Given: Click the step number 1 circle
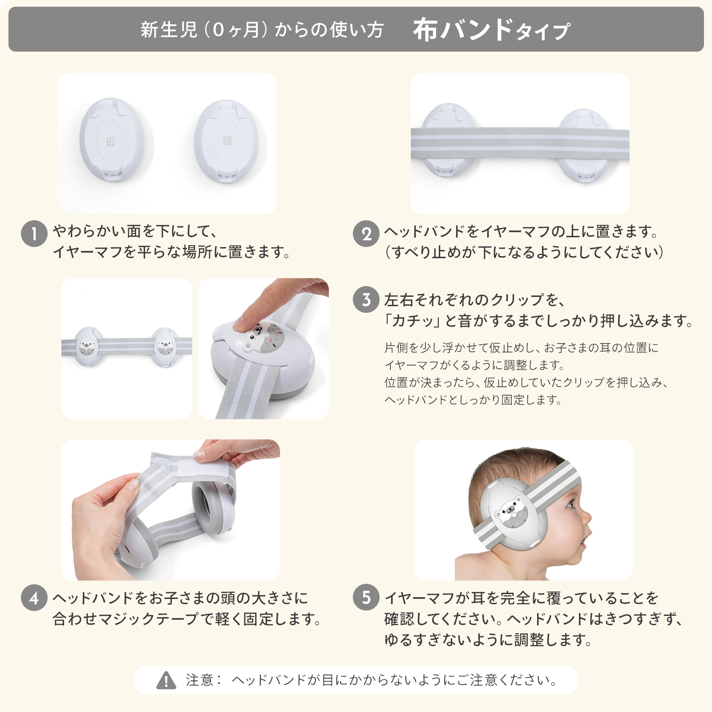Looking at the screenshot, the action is pyautogui.click(x=34, y=233).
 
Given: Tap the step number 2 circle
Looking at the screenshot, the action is pyautogui.click(x=366, y=233).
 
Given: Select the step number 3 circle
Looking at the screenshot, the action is pyautogui.click(x=366, y=299).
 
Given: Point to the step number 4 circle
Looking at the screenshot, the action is pyautogui.click(x=34, y=598).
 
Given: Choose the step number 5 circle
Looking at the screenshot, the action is pyautogui.click(x=366, y=598).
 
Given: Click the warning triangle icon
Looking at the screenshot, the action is pyautogui.click(x=166, y=680).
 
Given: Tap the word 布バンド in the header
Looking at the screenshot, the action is pyautogui.click(x=463, y=29).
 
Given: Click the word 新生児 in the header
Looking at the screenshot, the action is pyautogui.click(x=169, y=30).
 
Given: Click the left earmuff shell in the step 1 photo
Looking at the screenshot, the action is pyautogui.click(x=112, y=139).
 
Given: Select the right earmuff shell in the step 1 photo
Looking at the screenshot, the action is pyautogui.click(x=227, y=141).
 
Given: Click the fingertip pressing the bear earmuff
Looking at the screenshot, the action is pyautogui.click(x=243, y=323).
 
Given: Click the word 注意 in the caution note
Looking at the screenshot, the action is pyautogui.click(x=200, y=680).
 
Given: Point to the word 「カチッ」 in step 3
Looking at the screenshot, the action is pyautogui.click(x=412, y=320).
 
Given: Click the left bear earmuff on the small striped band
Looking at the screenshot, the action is pyautogui.click(x=87, y=347).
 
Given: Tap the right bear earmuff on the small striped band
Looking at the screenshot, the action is pyautogui.click(x=165, y=348).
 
